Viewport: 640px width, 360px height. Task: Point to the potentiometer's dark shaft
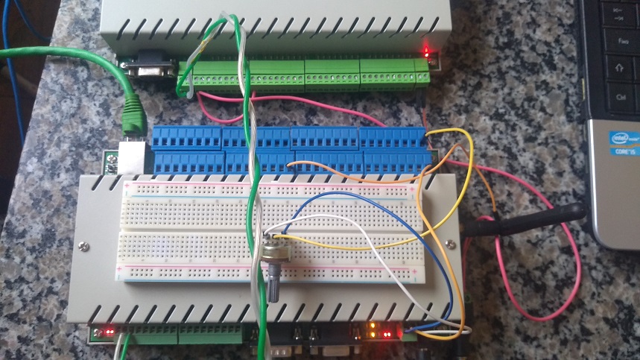(x=273, y=287)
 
